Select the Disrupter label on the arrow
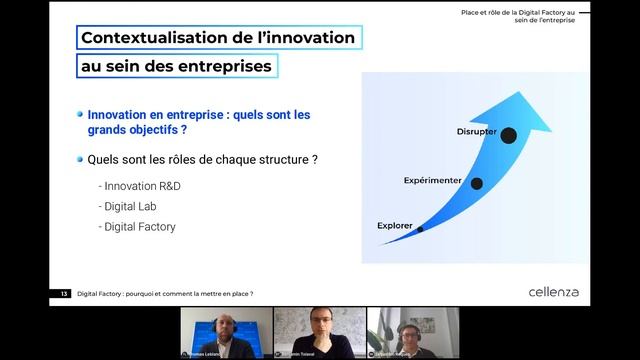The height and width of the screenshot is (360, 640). coord(476,132)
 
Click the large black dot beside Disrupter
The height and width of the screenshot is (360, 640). coord(508,135)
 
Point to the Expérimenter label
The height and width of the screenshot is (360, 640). coord(432,181)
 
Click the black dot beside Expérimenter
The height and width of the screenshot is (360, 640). coord(476,183)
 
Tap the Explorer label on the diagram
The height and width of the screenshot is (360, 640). coord(395,226)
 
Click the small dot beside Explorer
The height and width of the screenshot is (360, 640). coord(420,229)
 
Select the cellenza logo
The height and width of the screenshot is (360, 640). coord(553,292)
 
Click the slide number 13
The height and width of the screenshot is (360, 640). coord(64,294)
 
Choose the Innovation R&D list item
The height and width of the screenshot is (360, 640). coord(141,186)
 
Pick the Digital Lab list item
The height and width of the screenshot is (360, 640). coord(130,206)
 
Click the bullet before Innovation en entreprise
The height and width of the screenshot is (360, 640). coord(80,115)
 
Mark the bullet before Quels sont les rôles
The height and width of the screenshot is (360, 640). coord(80,159)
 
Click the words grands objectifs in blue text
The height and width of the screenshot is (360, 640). coord(137,130)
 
